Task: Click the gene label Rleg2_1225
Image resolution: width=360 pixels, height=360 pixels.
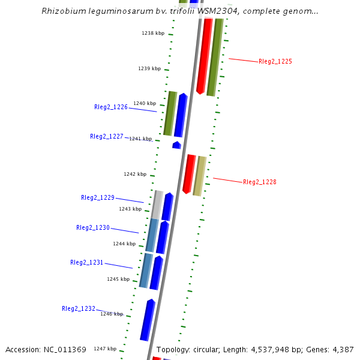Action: (275, 62)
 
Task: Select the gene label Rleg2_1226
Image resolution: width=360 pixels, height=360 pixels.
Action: (110, 107)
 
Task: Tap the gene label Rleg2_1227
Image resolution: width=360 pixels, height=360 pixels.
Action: (106, 136)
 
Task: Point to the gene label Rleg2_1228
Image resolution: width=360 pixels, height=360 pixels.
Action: (259, 182)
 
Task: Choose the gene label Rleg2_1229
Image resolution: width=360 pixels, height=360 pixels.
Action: (97, 197)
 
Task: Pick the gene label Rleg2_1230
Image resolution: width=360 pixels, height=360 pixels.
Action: (92, 228)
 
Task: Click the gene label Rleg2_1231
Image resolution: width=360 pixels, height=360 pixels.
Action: (86, 262)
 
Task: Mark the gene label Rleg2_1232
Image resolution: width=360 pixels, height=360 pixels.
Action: (78, 308)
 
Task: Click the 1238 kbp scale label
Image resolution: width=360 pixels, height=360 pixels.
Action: (152, 34)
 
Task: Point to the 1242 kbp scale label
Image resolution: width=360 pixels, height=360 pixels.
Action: (134, 174)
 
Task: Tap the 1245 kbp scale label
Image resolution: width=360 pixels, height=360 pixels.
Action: (118, 279)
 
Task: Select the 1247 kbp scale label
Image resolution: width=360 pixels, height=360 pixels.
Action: (104, 349)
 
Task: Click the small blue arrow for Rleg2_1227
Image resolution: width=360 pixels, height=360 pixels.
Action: (176, 145)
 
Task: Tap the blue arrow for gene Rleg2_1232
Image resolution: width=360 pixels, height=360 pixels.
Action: (147, 320)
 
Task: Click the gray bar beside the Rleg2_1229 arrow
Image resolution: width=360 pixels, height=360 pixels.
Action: (157, 205)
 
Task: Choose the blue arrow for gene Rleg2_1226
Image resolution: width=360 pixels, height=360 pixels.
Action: (180, 115)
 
